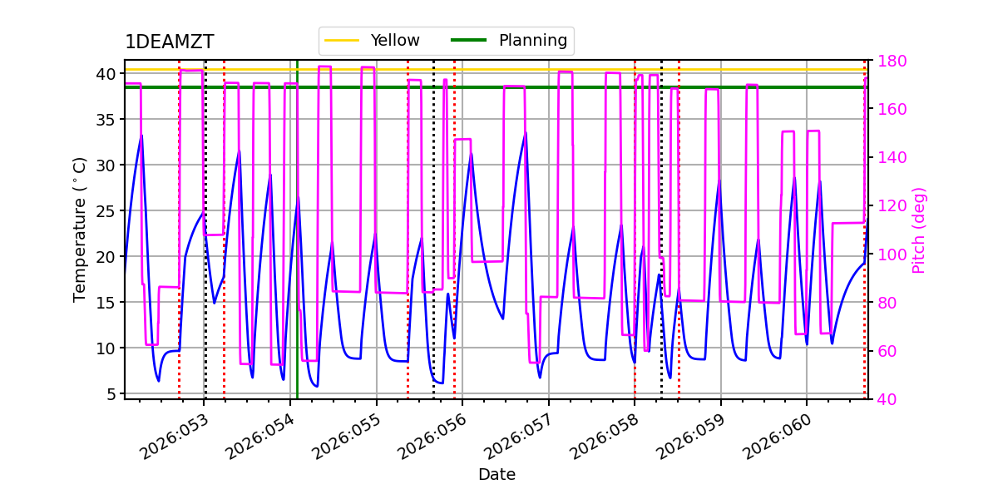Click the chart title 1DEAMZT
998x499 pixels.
pos(169,42)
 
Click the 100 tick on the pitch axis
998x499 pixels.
pos(891,254)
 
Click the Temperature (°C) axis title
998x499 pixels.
pos(80,229)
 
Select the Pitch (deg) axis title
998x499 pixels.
pos(919,230)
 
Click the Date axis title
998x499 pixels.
pos(497,475)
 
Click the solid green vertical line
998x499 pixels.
pos(297,249)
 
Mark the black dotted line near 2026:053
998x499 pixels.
pos(205,249)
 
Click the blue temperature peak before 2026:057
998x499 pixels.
pos(526,133)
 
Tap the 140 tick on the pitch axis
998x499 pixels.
pos(891,157)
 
